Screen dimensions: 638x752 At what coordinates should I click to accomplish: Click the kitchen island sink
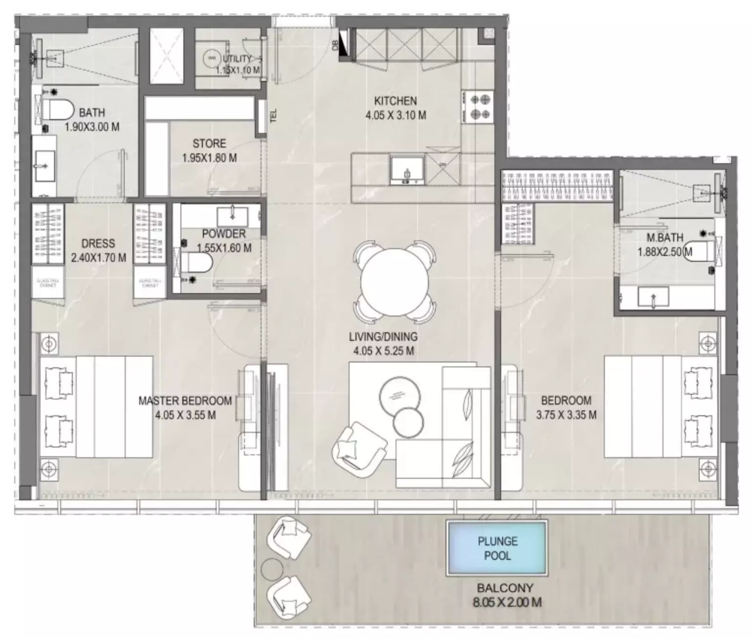(407, 170)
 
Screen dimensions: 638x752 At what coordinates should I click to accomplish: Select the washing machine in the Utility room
(212, 58)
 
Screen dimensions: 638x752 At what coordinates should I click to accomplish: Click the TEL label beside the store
(273, 115)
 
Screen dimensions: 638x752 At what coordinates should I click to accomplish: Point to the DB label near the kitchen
(335, 45)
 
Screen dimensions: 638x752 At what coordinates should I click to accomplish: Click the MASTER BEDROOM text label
(185, 401)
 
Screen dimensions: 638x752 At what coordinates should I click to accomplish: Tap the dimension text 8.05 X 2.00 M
(507, 602)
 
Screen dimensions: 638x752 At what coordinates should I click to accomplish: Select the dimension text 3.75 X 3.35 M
(566, 415)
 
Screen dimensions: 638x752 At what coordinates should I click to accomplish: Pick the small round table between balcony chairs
(271, 569)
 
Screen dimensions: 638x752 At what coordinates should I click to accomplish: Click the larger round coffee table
(399, 395)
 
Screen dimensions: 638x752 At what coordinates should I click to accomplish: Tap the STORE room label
(209, 144)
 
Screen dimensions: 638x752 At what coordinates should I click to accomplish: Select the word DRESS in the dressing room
(98, 243)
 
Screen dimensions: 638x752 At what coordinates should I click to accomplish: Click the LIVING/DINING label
(383, 337)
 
